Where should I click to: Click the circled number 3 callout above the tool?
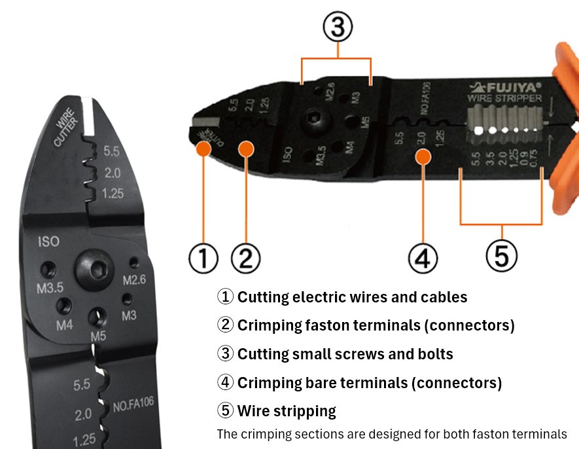click(336, 27)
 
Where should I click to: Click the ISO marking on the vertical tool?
click(48, 241)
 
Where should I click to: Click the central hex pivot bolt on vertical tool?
click(91, 265)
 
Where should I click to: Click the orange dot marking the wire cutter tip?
click(203, 149)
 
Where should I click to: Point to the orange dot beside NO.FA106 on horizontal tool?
click(423, 156)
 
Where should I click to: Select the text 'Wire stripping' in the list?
click(287, 410)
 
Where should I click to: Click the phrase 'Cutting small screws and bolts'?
click(345, 353)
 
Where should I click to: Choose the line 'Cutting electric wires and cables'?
click(352, 297)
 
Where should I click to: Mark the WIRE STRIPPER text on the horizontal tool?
click(504, 98)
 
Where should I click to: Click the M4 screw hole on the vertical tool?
click(63, 306)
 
